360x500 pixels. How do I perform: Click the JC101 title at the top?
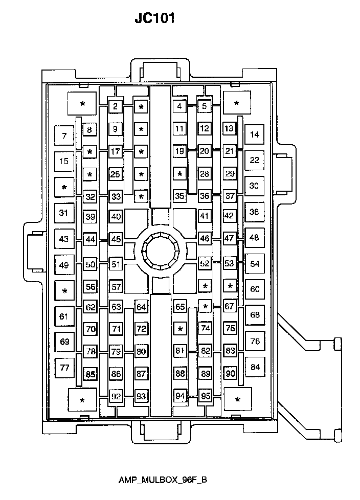(154, 18)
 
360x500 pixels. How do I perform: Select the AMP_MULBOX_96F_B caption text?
(163, 480)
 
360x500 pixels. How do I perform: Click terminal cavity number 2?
(116, 106)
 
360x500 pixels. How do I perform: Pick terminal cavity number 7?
(64, 136)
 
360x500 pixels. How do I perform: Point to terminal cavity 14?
(255, 134)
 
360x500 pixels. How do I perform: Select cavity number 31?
(64, 213)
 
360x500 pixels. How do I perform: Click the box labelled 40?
(116, 217)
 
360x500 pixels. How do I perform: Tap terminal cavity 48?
(255, 238)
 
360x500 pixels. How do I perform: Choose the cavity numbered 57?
(116, 287)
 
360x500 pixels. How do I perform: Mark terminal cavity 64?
(141, 307)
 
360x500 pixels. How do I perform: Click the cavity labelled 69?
(65, 342)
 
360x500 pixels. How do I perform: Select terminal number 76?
(255, 341)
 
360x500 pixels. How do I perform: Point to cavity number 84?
(255, 367)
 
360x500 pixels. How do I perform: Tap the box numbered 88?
(180, 373)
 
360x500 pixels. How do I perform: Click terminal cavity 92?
(116, 396)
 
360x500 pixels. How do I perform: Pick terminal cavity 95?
(206, 396)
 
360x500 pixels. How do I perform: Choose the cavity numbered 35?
(179, 196)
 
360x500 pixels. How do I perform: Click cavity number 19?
(179, 151)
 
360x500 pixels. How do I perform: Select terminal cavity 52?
(205, 263)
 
